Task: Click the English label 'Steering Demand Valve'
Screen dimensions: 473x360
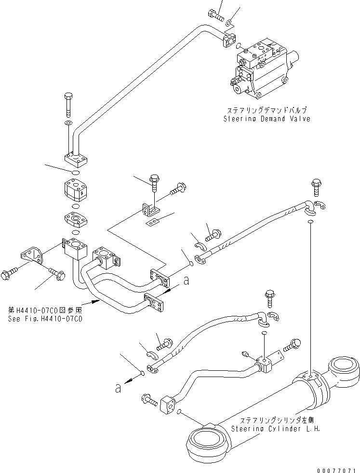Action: point(267,119)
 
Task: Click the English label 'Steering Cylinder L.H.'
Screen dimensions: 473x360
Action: point(275,428)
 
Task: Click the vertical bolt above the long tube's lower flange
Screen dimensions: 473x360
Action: point(67,105)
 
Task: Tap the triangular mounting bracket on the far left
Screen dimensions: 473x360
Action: point(31,255)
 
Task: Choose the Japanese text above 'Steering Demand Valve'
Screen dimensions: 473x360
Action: point(266,110)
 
